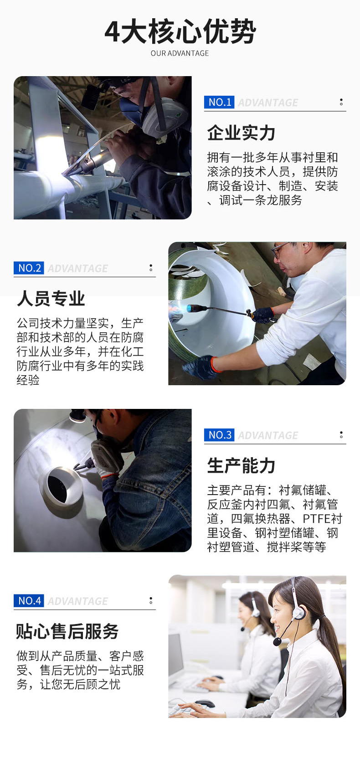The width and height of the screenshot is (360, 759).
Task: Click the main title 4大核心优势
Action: click(180, 32)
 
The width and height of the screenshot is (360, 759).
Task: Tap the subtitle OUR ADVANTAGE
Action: click(180, 53)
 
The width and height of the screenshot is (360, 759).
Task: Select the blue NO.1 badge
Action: click(219, 102)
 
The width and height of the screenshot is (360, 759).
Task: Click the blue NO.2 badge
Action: click(29, 268)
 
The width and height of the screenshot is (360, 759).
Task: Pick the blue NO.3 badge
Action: click(219, 435)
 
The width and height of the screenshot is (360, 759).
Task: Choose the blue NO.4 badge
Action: click(29, 601)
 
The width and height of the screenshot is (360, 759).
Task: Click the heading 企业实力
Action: click(241, 133)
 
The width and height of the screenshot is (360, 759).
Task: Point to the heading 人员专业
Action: click(51, 299)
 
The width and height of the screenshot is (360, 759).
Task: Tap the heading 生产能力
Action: click(241, 465)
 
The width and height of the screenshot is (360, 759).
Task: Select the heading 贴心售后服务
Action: click(67, 631)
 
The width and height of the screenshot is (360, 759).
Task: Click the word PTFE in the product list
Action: click(316, 519)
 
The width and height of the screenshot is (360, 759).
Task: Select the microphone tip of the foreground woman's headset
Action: click(278, 641)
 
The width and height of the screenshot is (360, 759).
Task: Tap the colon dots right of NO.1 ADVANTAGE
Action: click(341, 102)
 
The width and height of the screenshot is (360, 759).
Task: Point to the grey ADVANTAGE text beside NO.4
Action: click(78, 601)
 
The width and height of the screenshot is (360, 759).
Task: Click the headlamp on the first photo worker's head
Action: click(91, 94)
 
